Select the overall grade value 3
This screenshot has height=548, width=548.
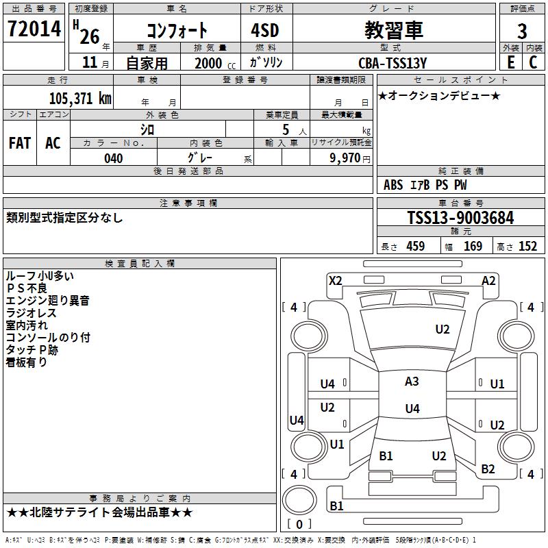pyautogui.click(x=522, y=31)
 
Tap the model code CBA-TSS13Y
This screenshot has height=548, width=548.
pyautogui.click(x=393, y=63)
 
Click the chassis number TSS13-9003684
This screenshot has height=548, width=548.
pyautogui.click(x=460, y=219)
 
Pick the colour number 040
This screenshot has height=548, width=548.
pyautogui.click(x=113, y=158)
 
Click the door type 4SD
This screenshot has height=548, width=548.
pyautogui.click(x=260, y=30)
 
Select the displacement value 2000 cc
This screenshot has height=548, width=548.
pyautogui.click(x=212, y=63)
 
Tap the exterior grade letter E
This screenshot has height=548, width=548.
pyautogui.click(x=510, y=62)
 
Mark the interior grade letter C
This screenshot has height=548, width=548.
pyautogui.click(x=533, y=62)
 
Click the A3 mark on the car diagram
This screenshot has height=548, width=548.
pyautogui.click(x=412, y=382)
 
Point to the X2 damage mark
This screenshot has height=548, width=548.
pyautogui.click(x=335, y=280)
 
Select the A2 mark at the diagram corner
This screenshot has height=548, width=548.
pyautogui.click(x=488, y=280)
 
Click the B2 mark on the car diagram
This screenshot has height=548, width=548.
pyautogui.click(x=488, y=469)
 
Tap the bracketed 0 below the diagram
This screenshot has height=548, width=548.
pyautogui.click(x=298, y=524)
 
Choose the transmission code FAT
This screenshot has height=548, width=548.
pyautogui.click(x=20, y=143)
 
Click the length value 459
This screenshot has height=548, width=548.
pyautogui.click(x=415, y=247)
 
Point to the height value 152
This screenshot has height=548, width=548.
pyautogui.click(x=527, y=247)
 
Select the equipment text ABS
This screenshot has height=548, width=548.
pyautogui.click(x=393, y=185)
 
